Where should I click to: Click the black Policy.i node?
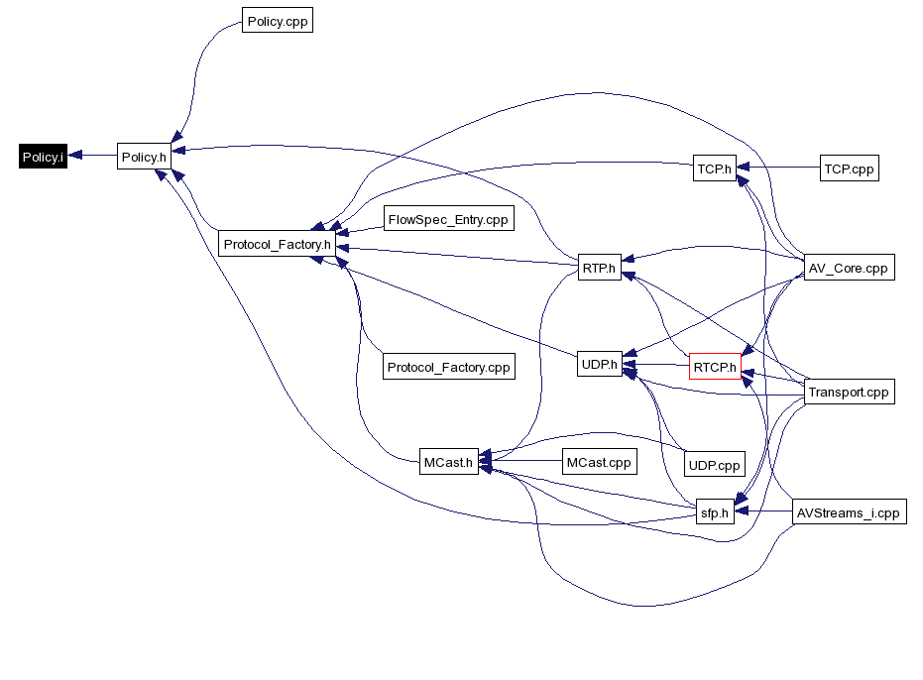(x=43, y=157)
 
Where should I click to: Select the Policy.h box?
(x=144, y=157)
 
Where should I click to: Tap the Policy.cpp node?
(x=278, y=21)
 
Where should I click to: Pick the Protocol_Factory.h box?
(x=277, y=244)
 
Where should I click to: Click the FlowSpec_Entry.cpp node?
(x=449, y=219)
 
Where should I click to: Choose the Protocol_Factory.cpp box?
(x=448, y=367)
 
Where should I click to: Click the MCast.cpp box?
(x=597, y=462)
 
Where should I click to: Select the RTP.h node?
(x=599, y=267)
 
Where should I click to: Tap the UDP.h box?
(x=599, y=364)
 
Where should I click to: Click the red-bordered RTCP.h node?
(x=715, y=368)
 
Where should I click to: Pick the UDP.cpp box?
(x=714, y=464)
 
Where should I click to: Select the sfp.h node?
(x=714, y=512)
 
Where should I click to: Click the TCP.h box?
(x=714, y=169)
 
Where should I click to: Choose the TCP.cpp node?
(x=849, y=169)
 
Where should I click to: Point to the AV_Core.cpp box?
(x=848, y=268)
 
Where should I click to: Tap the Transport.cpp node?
(x=849, y=392)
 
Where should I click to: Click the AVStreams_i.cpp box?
(x=850, y=512)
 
